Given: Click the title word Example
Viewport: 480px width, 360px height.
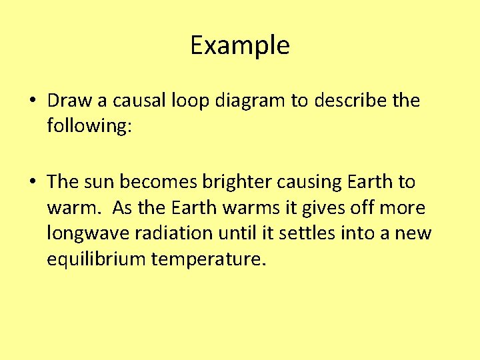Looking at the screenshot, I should pyautogui.click(x=240, y=46).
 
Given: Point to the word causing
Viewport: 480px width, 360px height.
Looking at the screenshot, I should pyautogui.click(x=309, y=182).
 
